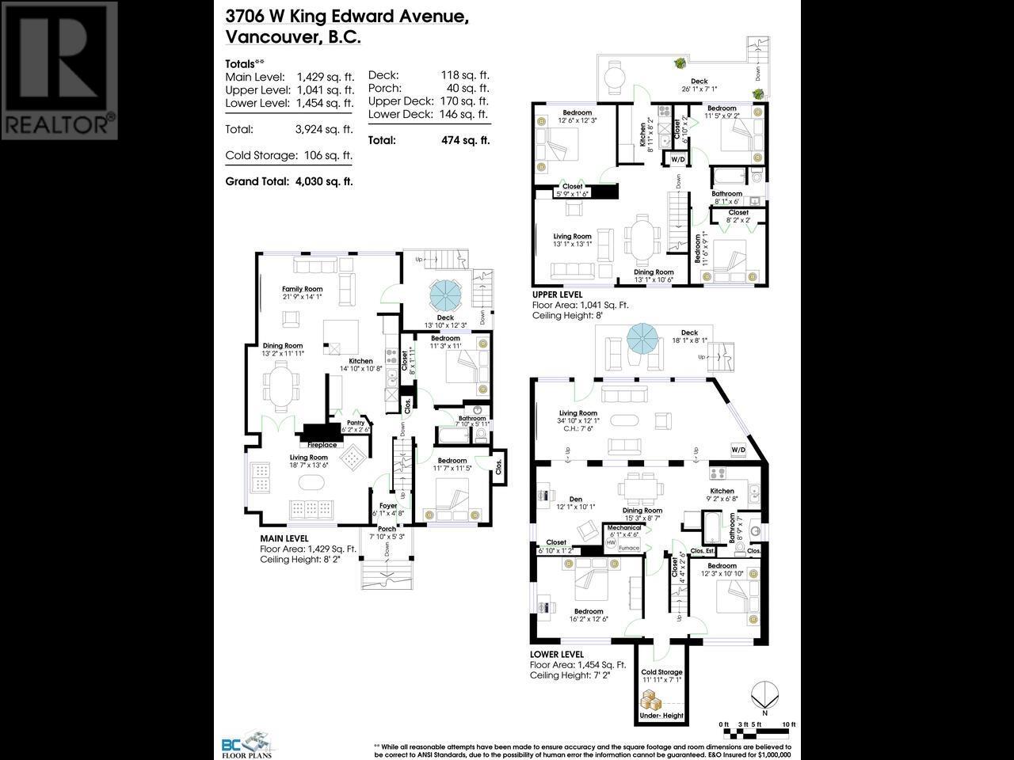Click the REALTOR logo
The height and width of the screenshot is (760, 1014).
coord(59,70)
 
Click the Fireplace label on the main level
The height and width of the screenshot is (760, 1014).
coord(322,445)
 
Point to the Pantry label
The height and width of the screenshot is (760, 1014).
coord(355,423)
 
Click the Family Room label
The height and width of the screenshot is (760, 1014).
coord(303,289)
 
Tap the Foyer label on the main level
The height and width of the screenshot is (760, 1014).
coord(388,505)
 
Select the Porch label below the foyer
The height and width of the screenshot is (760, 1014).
coord(387,529)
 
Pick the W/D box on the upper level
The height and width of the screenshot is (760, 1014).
coord(678,159)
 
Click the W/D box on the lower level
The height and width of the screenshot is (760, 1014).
coord(738,450)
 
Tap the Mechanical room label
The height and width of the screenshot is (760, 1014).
coord(624,528)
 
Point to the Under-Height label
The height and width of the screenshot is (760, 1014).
coord(660,716)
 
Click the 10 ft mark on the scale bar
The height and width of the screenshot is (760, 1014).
coord(788,724)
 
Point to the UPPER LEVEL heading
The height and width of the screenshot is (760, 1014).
coord(558,294)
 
